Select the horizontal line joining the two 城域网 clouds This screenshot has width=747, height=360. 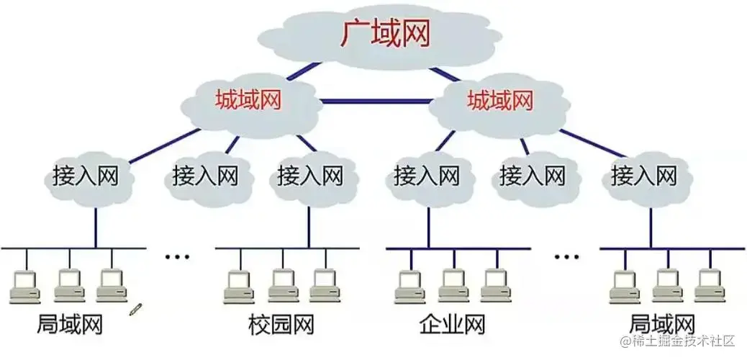374,101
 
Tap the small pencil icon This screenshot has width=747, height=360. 135,309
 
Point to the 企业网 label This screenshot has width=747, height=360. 451,325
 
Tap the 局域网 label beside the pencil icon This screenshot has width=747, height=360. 69,325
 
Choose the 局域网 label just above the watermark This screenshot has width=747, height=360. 662,324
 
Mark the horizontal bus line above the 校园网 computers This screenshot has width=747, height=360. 288,249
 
